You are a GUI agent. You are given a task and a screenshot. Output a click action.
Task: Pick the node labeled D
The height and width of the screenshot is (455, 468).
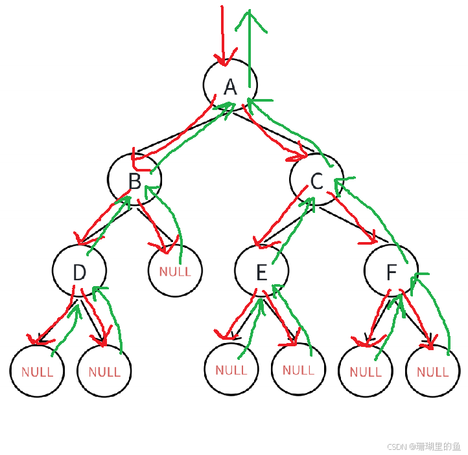click(79, 271)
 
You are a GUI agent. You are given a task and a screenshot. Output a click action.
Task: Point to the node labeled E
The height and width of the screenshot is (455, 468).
click(261, 271)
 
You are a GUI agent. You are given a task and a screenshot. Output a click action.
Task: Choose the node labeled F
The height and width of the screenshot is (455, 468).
click(391, 271)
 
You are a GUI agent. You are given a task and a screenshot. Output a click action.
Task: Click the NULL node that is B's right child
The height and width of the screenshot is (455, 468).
click(175, 271)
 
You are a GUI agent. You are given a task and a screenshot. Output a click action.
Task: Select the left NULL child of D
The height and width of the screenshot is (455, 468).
click(37, 371)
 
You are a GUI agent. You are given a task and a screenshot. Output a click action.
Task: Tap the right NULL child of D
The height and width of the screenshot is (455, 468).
click(104, 371)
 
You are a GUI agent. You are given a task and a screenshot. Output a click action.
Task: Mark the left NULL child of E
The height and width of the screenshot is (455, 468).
click(231, 370)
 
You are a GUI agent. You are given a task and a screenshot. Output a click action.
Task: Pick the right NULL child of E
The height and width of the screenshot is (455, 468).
click(298, 370)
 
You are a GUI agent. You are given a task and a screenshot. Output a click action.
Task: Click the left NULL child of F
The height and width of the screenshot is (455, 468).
click(366, 371)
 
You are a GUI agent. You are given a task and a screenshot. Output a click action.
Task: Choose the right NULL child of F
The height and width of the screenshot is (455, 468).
click(432, 371)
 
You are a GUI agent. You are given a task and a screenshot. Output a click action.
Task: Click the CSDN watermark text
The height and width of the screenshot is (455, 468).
click(423, 446)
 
